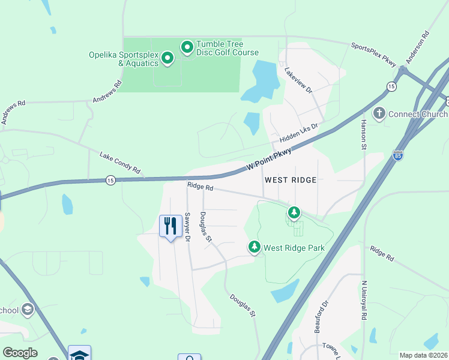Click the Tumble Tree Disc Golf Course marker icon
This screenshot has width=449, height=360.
tap(187, 46)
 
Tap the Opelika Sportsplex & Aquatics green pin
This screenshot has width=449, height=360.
tap(167, 58)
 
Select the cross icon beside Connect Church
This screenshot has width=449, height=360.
tap(379, 113)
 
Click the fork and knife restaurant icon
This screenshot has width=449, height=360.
tap(170, 226)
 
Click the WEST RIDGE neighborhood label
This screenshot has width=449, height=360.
tap(291, 179)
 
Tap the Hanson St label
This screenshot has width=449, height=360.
tap(363, 133)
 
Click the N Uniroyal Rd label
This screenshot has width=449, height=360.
tap(364, 299)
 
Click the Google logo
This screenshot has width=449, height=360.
tap(20, 352)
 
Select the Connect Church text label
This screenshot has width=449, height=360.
tap(418, 114)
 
